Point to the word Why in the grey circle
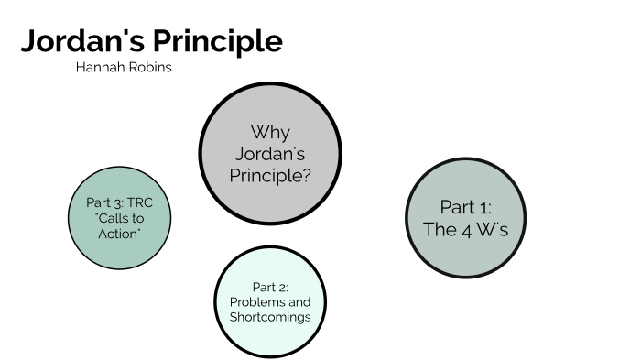pos(270,133)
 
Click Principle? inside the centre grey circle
pos(270,174)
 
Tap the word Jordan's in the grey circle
pos(270,153)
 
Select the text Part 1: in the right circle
pos(466,207)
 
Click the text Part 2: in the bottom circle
pos(270,288)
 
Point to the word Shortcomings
pos(270,317)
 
